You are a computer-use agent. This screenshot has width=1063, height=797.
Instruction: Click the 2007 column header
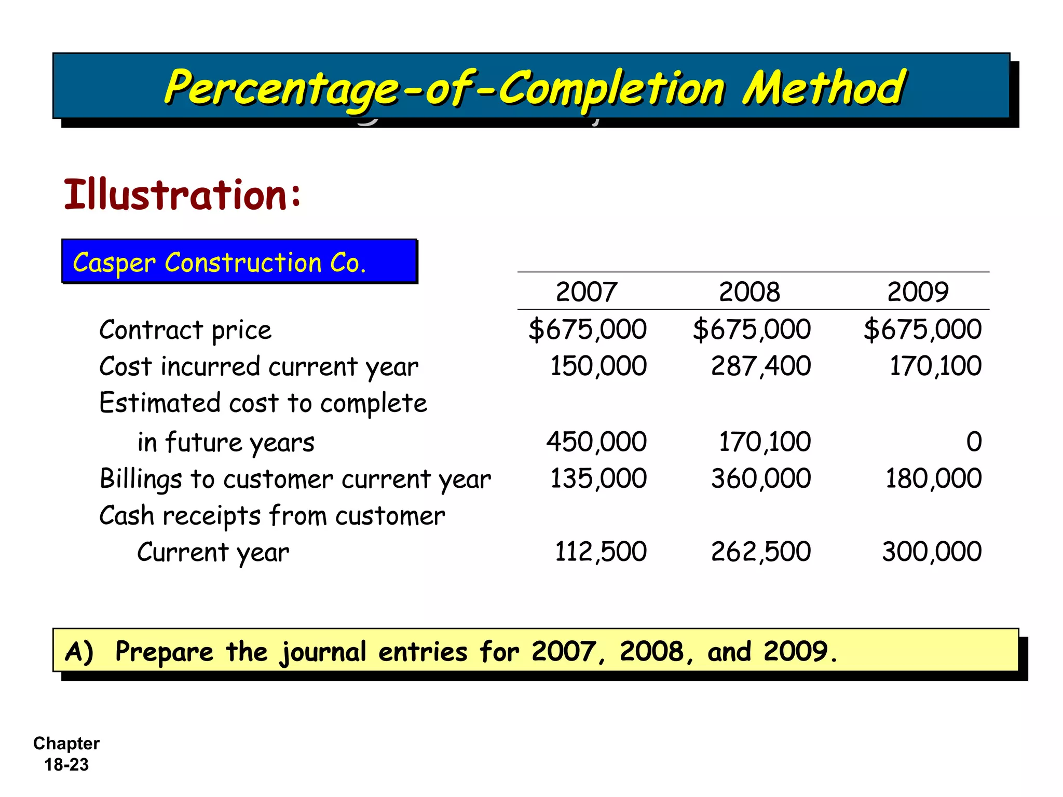(587, 292)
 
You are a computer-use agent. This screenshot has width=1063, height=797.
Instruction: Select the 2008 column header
(749, 292)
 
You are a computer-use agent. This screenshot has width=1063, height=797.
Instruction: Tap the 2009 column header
(918, 292)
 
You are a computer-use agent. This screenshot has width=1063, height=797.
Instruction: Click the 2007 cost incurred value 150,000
(598, 366)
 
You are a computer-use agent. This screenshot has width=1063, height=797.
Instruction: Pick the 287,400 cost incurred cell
(760, 366)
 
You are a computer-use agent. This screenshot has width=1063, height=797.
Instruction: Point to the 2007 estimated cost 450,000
(596, 442)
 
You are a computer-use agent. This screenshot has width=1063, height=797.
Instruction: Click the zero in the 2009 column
(974, 442)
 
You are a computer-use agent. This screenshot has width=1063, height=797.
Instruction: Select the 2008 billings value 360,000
(760, 478)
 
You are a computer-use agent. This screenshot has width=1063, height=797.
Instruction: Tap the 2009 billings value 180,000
(933, 478)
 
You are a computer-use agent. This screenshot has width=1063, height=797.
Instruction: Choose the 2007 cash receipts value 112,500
(601, 552)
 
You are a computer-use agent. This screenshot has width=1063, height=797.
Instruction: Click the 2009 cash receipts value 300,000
(932, 552)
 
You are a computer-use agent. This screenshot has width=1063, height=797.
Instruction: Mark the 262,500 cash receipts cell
(760, 552)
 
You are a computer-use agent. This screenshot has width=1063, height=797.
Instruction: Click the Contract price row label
(185, 330)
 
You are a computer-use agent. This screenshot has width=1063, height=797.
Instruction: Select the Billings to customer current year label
(295, 478)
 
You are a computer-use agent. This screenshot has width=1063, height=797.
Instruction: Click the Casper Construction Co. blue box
(239, 262)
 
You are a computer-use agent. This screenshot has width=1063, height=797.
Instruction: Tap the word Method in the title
(824, 88)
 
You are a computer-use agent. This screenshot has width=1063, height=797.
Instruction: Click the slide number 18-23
(66, 765)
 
